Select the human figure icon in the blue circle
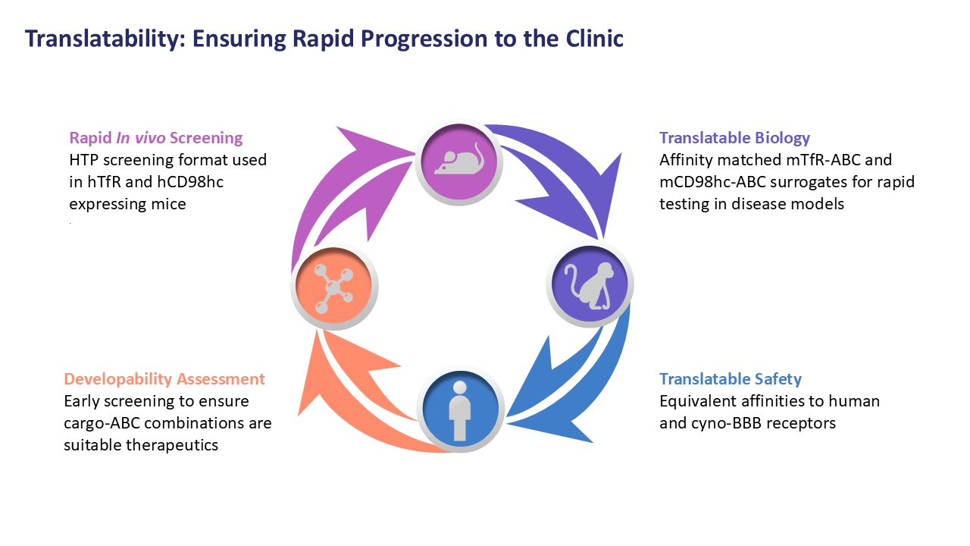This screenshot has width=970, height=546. tap(460, 409)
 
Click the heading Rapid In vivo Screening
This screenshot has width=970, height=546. tap(156, 138)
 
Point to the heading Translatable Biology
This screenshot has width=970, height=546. tap(734, 138)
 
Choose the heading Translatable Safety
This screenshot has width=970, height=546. tap(730, 379)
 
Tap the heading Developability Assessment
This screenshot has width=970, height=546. tap(164, 379)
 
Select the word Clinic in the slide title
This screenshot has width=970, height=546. tap(593, 39)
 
